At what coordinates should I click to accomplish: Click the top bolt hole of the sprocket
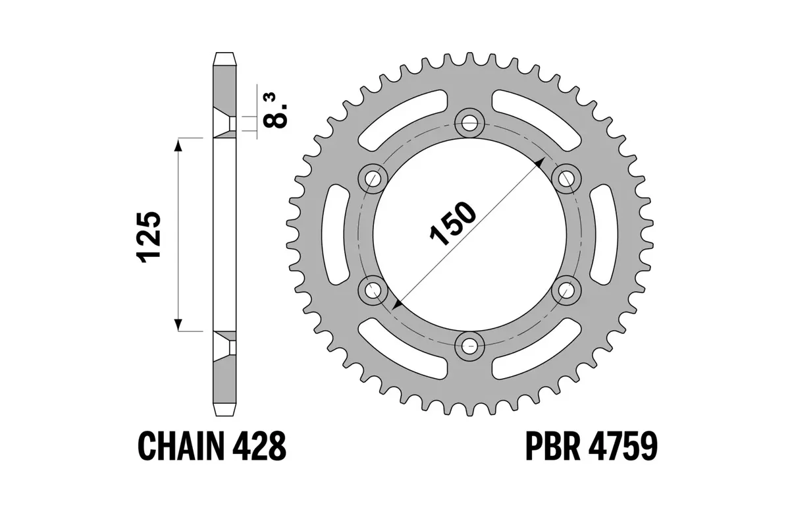tap(469, 122)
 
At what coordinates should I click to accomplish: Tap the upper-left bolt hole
tap(373, 177)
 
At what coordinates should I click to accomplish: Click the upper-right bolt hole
tap(566, 177)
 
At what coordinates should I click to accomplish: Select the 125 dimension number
tap(149, 238)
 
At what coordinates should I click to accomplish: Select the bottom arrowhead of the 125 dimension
tap(178, 325)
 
